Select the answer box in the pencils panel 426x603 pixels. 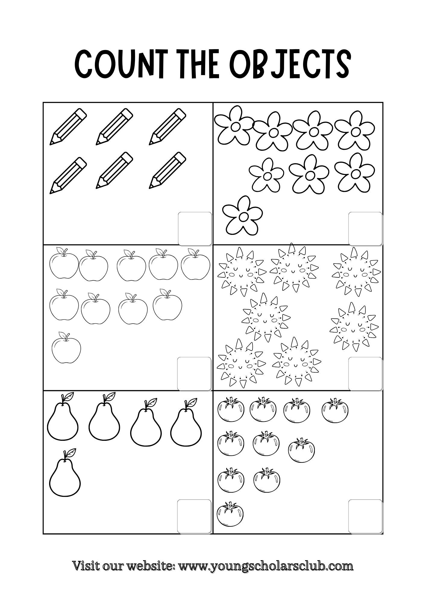(x=195, y=229)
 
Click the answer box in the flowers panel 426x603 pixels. (x=365, y=229)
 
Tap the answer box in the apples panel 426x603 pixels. (x=194, y=374)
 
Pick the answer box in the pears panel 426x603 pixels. (x=194, y=516)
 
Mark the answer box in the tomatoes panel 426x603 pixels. (x=365, y=516)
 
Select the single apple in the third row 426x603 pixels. (x=66, y=348)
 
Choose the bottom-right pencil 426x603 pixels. (x=168, y=170)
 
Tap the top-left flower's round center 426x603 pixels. (x=235, y=125)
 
